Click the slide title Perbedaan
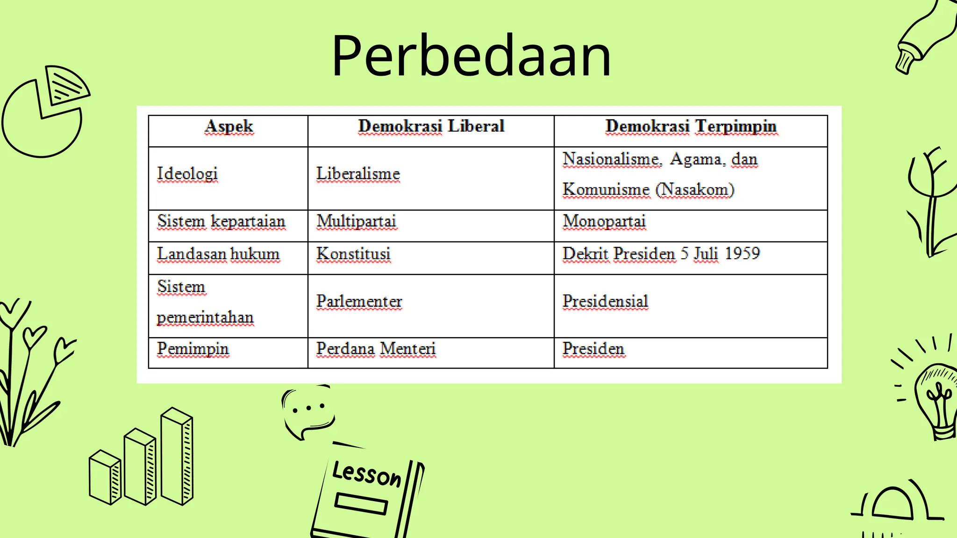tap(471, 56)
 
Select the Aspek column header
tap(229, 127)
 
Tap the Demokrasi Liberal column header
tap(431, 127)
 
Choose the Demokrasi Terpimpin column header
tap(691, 127)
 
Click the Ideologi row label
tap(187, 174)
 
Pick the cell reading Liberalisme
tap(358, 174)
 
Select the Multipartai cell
tap(356, 221)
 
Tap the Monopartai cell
tap(604, 221)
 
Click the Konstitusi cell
tap(353, 254)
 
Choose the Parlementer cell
tap(359, 302)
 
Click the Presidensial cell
tap(605, 302)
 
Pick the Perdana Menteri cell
tap(376, 349)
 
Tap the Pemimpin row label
tap(193, 349)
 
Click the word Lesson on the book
tap(367, 474)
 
